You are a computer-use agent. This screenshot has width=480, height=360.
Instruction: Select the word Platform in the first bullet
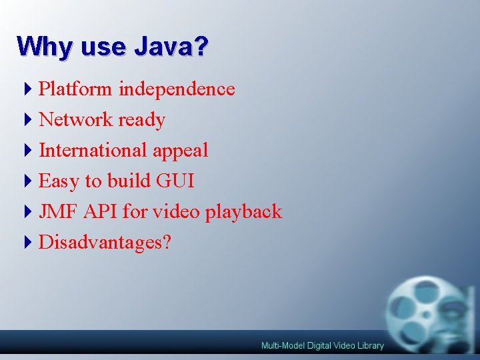(x=76, y=89)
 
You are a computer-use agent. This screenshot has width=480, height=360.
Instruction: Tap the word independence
(x=177, y=89)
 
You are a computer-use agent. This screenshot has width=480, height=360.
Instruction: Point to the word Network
(x=75, y=120)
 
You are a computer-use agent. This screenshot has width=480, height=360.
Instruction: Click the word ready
(x=141, y=121)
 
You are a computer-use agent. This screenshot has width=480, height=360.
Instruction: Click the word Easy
(x=59, y=181)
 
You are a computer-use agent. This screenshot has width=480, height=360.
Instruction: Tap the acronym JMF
(x=59, y=212)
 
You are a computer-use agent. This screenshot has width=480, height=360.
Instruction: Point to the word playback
(x=244, y=213)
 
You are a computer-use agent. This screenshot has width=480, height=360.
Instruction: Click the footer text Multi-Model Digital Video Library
(x=323, y=345)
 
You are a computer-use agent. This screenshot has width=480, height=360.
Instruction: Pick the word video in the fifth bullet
(x=177, y=212)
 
